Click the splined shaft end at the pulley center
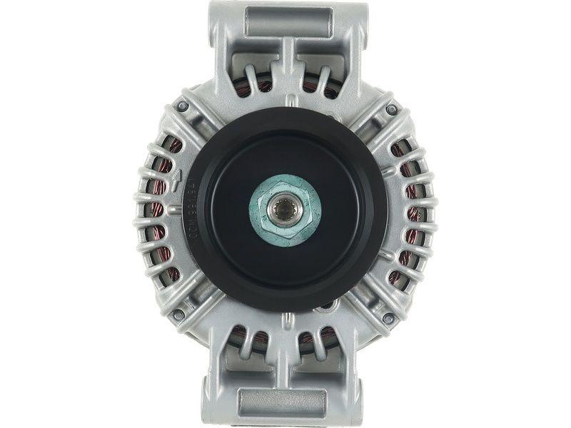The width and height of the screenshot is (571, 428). (285, 209)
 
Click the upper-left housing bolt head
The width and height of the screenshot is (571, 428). (183, 106)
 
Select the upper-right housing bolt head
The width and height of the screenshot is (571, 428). (390, 108)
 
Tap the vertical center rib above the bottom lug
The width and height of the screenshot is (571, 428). (285, 350)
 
